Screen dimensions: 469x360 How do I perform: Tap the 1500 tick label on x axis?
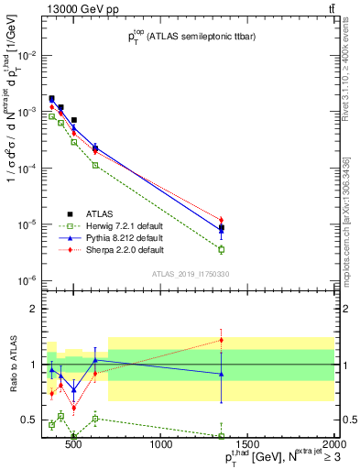pos(248,445)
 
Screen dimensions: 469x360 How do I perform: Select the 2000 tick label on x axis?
pos(333,445)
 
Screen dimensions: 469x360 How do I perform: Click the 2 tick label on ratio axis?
pos(31,309)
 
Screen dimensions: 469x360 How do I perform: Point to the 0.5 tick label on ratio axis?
pos(27,420)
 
